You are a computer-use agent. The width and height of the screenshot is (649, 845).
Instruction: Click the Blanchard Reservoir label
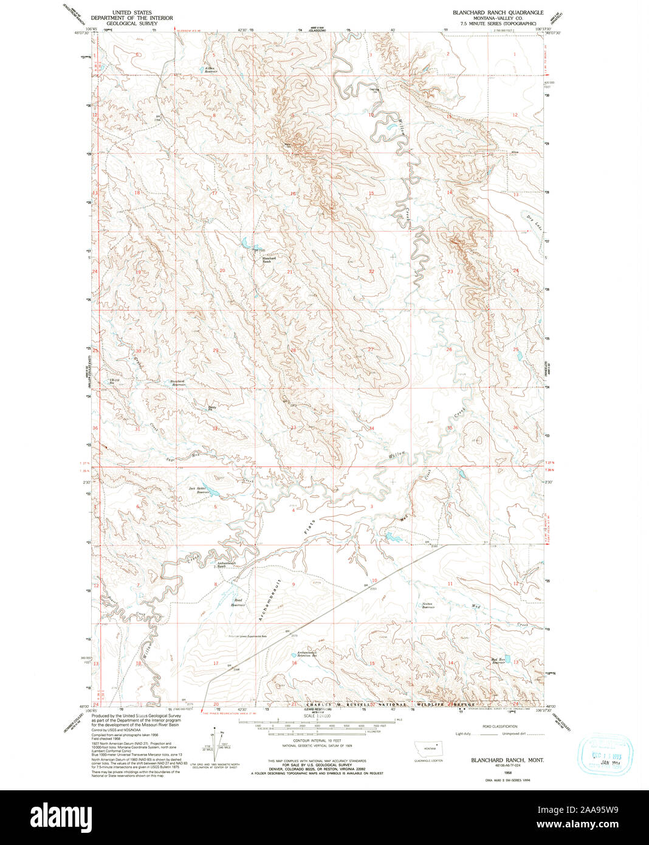pos(177,383)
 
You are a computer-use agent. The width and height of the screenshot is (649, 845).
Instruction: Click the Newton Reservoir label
pos(428,605)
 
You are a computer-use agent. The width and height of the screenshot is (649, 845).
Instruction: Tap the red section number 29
pos(215,350)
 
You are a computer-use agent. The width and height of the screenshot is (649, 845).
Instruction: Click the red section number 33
pos(293,428)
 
